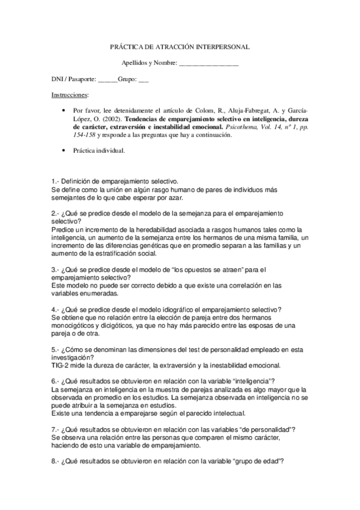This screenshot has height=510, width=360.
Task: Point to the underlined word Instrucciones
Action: point(70,95)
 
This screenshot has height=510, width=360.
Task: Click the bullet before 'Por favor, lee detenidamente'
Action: point(64,111)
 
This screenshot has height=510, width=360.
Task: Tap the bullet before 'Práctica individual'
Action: point(64,151)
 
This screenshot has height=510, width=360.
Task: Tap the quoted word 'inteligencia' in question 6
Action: point(251,381)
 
